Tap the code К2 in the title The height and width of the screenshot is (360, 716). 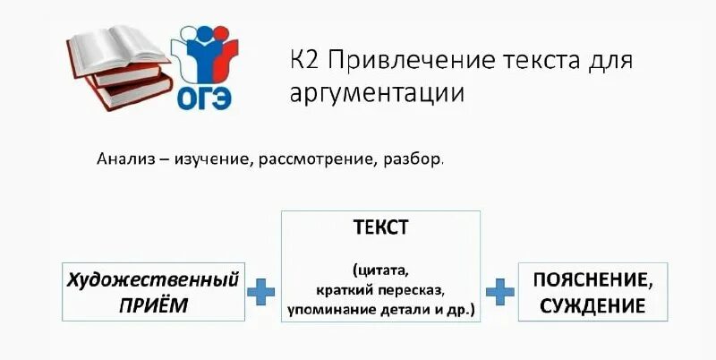click(305, 61)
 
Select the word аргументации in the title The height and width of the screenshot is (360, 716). click(378, 92)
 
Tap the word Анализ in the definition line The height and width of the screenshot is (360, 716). click(124, 159)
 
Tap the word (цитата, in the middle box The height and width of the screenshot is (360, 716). click(380, 270)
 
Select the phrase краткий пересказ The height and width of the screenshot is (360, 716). click(380, 289)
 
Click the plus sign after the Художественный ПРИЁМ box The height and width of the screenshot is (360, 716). click(261, 291)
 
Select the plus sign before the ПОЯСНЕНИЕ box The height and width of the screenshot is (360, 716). click(499, 291)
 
